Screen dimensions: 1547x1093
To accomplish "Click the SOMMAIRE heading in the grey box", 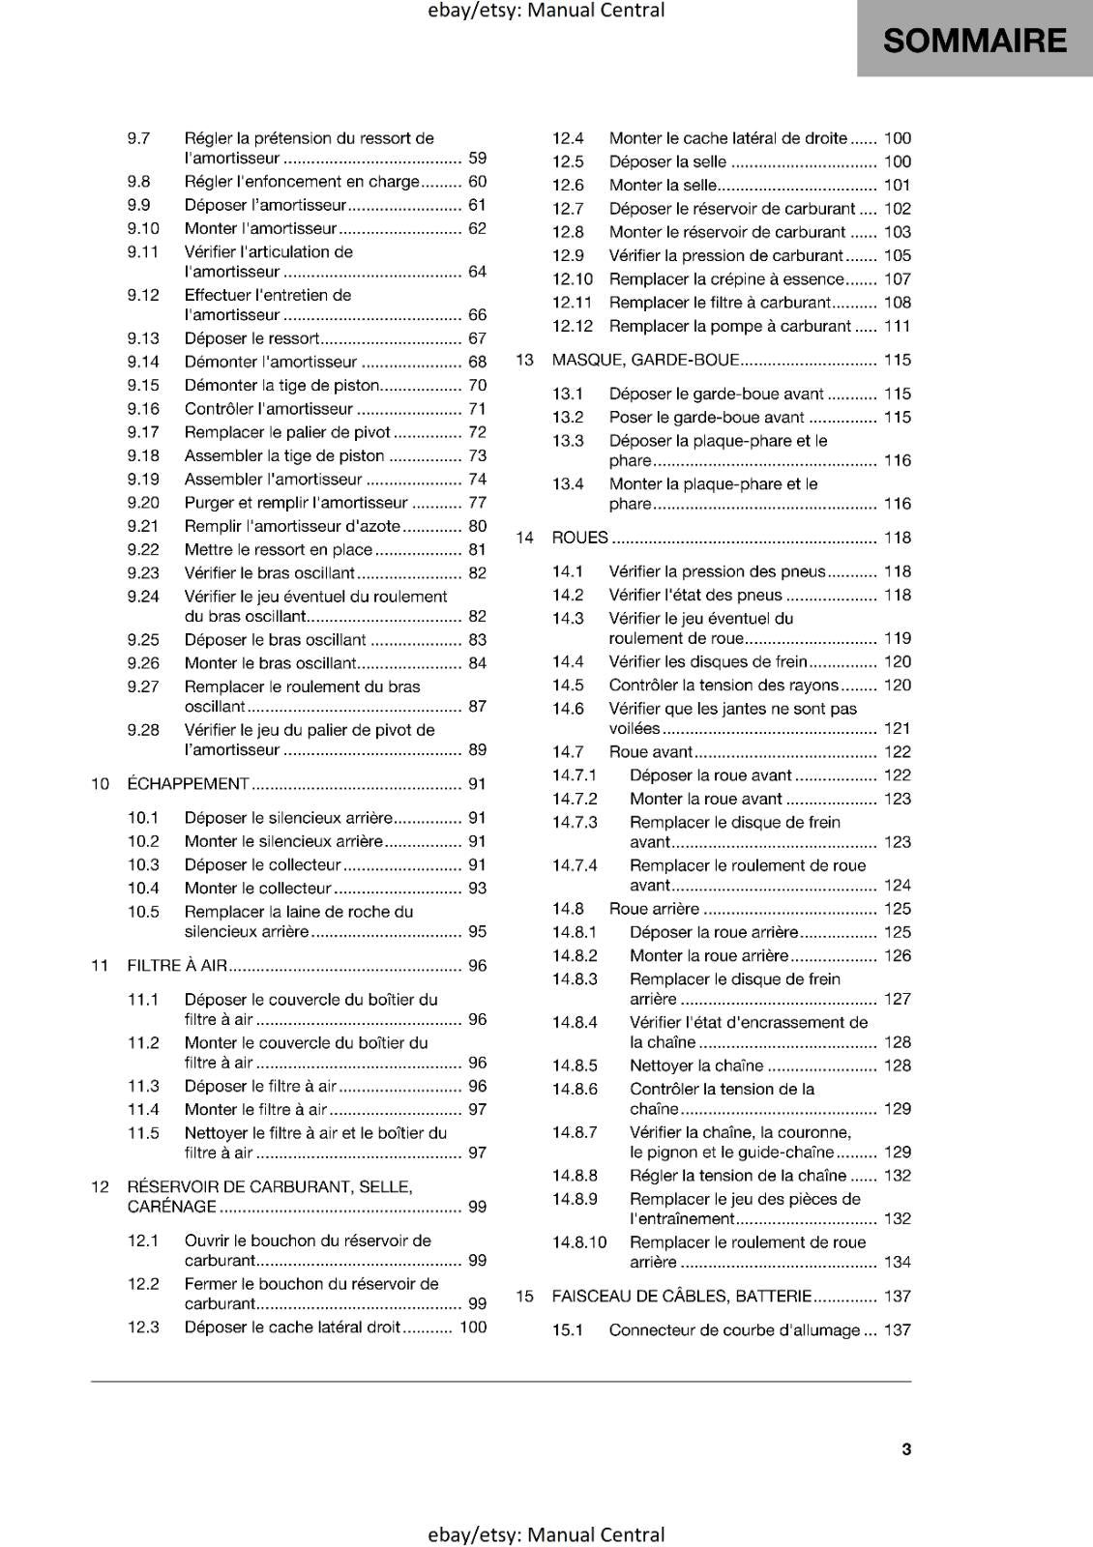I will tap(974, 41).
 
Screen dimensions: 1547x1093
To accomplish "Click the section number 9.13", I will tap(143, 338).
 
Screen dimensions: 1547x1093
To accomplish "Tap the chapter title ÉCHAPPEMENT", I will tap(189, 784).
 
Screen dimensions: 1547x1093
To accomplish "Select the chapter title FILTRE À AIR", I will tap(177, 966).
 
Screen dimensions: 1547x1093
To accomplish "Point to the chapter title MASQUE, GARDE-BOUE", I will tap(645, 360).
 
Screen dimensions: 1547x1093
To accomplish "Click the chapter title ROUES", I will tap(579, 538).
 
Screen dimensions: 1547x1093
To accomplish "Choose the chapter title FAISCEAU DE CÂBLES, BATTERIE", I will tap(681, 1297).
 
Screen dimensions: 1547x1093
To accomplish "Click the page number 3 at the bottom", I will tap(906, 1449).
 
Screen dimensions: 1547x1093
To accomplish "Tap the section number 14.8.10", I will tap(579, 1242).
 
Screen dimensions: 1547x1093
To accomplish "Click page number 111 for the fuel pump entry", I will tap(897, 327).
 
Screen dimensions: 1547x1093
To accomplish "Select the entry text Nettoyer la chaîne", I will tap(696, 1065).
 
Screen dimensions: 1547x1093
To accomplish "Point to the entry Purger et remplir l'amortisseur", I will tap(296, 503).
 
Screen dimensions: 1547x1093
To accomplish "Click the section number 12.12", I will tap(573, 327).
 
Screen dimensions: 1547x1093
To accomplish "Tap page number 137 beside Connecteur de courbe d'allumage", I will tap(897, 1330).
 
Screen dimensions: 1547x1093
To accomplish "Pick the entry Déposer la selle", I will tap(667, 161).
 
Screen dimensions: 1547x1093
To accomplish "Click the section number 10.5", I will tap(143, 912).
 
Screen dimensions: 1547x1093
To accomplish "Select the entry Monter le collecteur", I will tap(258, 889).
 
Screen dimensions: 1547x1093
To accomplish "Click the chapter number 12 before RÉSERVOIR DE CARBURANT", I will tap(101, 1187).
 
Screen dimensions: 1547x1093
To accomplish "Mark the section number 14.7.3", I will tap(575, 823).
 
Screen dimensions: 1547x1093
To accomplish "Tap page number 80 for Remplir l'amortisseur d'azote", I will tap(477, 527).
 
